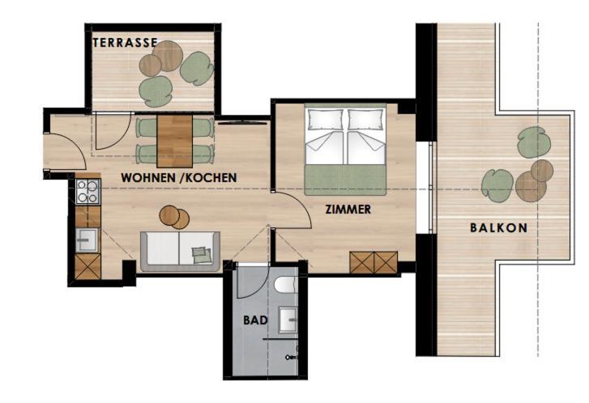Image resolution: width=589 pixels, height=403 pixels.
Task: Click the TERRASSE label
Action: coord(125,42)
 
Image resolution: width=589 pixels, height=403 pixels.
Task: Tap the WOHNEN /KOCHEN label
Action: coord(179,177)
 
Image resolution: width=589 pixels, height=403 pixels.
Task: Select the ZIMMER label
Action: coord(348,209)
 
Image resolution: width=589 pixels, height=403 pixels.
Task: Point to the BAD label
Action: coord(255,320)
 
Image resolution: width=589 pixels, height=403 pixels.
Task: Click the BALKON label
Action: coord(499,227)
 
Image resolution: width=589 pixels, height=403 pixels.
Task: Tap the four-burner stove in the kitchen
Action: coord(87,191)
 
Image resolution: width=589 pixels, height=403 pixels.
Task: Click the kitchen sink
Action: coord(87,240)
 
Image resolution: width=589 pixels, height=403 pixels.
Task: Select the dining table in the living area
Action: coord(175,141)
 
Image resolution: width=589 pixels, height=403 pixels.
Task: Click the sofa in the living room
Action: coord(180,252)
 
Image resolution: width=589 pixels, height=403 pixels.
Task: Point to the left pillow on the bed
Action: coord(326,119)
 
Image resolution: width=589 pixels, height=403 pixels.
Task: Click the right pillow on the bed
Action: coord(366,119)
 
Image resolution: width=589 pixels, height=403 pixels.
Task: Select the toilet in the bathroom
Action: coord(286,285)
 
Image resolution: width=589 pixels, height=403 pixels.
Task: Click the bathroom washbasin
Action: coord(288,320)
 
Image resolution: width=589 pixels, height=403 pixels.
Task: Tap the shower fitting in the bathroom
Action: coord(291,357)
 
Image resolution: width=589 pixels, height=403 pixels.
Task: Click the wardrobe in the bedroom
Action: coord(373,262)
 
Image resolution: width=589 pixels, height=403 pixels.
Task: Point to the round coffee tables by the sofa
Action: coord(174,217)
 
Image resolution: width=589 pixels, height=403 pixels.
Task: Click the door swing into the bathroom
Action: coord(253,282)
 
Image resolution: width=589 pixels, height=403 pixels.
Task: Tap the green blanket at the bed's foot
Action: coord(345,180)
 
